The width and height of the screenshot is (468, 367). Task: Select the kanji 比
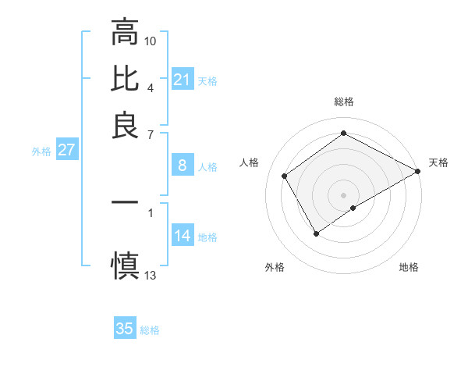(125, 79)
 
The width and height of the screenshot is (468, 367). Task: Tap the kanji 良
(125, 125)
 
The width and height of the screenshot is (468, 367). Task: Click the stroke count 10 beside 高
(151, 40)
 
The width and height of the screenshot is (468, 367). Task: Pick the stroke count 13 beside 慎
(151, 275)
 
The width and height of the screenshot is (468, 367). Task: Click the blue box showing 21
(182, 80)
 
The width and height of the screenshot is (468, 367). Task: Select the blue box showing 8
(182, 166)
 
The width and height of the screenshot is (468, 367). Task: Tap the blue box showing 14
(182, 237)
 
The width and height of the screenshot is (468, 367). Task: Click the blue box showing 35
(125, 329)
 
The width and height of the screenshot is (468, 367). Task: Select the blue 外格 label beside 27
(41, 151)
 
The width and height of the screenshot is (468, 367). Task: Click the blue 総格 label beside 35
(150, 330)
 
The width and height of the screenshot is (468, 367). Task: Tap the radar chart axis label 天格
(438, 162)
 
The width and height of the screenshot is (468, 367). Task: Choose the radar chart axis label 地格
(409, 268)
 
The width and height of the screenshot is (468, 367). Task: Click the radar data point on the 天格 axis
(419, 171)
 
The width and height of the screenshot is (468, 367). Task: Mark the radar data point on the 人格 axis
(285, 176)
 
